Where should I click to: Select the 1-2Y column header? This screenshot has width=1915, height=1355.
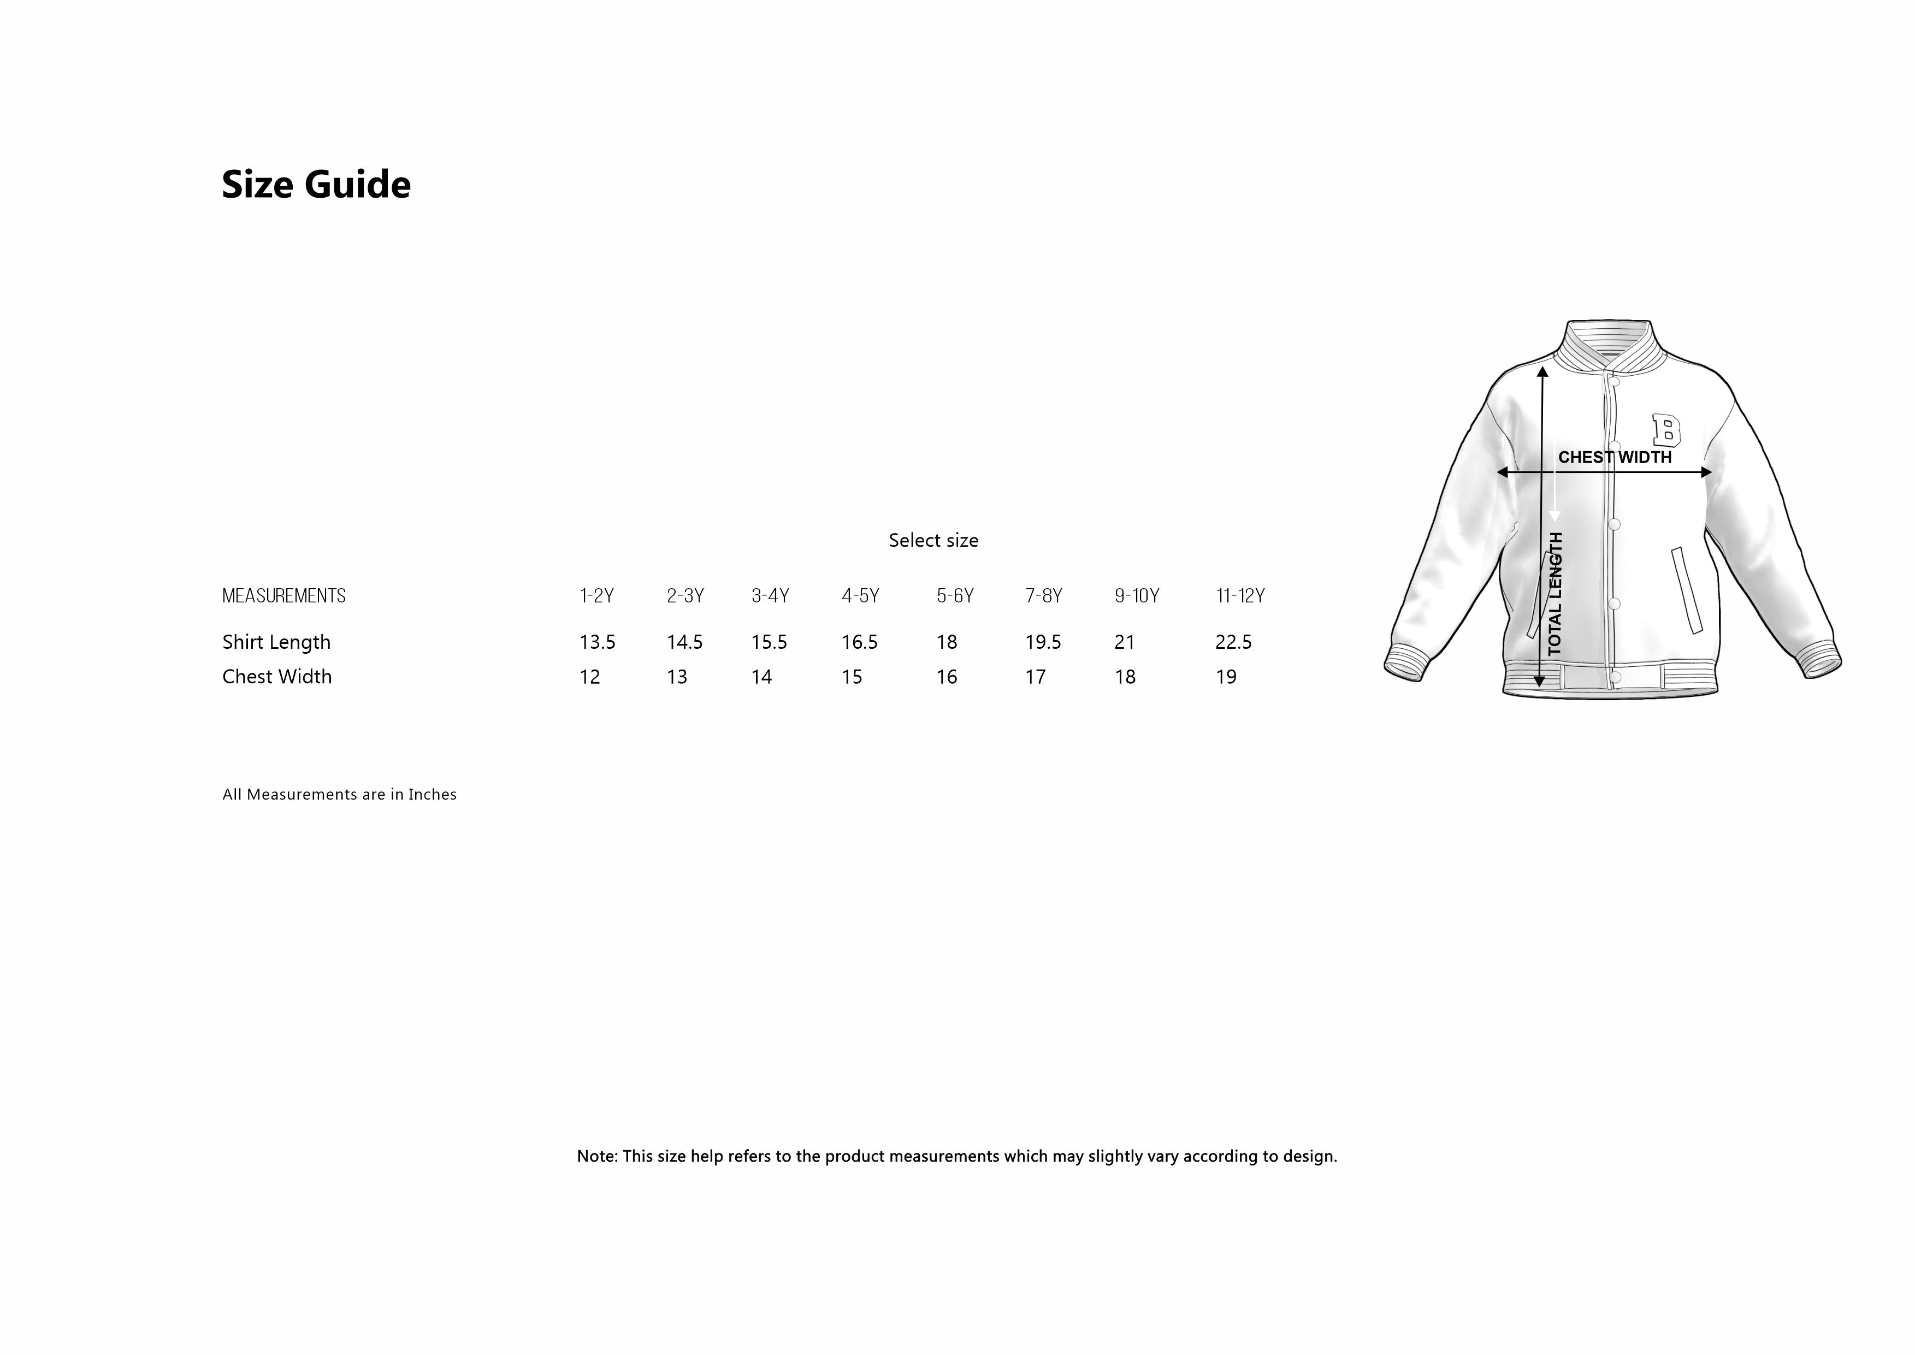pyautogui.click(x=596, y=596)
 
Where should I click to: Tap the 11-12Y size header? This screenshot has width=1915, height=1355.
pyautogui.click(x=1240, y=596)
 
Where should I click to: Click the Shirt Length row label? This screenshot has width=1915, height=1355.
pyautogui.click(x=276, y=642)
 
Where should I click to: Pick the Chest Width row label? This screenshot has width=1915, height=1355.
pyautogui.click(x=277, y=677)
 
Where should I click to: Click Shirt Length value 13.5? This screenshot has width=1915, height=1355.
pyautogui.click(x=598, y=642)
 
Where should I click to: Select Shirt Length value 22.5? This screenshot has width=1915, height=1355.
pyautogui.click(x=1233, y=642)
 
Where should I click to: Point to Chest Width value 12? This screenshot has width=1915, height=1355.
pyautogui.click(x=590, y=677)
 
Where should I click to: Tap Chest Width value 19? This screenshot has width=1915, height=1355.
pyautogui.click(x=1226, y=677)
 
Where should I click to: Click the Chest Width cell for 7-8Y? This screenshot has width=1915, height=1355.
pyautogui.click(x=1036, y=677)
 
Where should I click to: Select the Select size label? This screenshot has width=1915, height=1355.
pyautogui.click(x=933, y=541)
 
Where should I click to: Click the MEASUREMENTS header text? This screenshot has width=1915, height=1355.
pyautogui.click(x=283, y=596)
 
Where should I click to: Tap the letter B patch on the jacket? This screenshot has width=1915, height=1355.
pyautogui.click(x=1666, y=430)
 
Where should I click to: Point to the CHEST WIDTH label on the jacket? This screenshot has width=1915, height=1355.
pyautogui.click(x=1615, y=457)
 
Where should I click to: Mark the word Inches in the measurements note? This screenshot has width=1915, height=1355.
pyautogui.click(x=432, y=794)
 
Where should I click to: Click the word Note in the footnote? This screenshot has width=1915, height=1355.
pyautogui.click(x=596, y=1156)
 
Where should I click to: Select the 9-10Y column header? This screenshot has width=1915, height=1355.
pyautogui.click(x=1137, y=596)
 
